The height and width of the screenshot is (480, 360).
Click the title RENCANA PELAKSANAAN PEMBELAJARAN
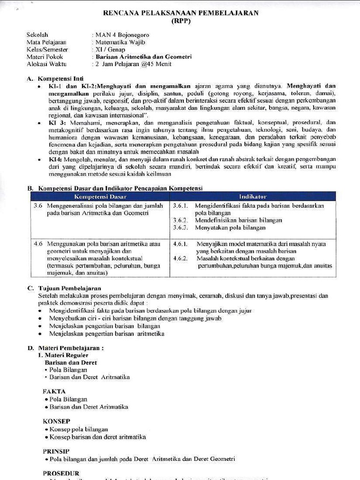pos(180,13)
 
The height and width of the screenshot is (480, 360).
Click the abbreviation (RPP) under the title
pos(180,21)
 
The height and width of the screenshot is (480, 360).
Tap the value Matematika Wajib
pos(119,42)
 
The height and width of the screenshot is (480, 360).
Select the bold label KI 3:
pos(55,122)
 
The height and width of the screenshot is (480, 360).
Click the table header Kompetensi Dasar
pos(101,196)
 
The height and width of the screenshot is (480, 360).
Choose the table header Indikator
pos(253,196)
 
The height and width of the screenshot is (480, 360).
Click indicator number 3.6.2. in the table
pos(180,220)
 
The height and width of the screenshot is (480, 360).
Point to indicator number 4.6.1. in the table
pos(180,244)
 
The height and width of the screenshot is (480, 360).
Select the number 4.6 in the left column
pos(38,244)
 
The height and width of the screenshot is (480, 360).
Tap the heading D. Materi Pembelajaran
pos(65,348)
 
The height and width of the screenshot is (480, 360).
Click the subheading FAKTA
pos(54,391)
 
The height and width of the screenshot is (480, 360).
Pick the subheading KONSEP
pos(56,421)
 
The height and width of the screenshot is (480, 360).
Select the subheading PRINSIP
pos(56,451)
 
